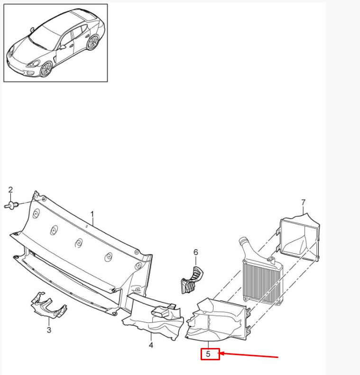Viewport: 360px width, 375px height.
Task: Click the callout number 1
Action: (92, 215)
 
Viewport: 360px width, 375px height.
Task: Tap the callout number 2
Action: (11, 191)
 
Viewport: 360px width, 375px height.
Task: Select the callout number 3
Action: (48, 330)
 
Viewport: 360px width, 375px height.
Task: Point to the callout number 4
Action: (151, 345)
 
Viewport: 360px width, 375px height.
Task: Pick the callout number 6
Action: (195, 253)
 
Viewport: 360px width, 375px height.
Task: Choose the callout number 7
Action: (304, 203)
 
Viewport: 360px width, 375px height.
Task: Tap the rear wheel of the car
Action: (92, 42)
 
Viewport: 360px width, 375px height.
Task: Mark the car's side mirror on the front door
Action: (62, 47)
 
